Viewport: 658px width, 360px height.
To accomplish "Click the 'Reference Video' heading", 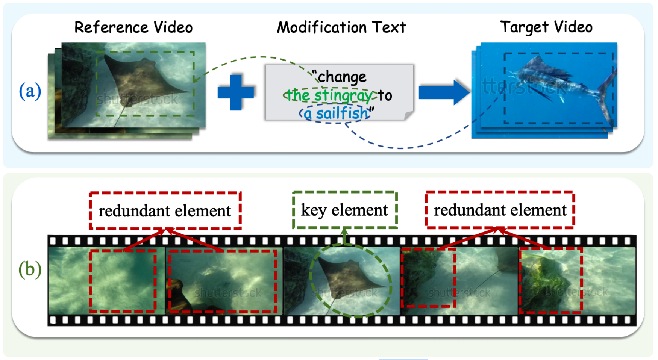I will tap(133, 27).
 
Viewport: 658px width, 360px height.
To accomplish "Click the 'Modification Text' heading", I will tap(341, 27).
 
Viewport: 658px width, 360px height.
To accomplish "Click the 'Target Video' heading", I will tap(546, 27).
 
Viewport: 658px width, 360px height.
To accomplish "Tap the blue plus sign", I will tap(236, 92).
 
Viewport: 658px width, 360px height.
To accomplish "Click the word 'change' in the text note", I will tap(342, 77).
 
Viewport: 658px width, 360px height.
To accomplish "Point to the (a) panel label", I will tap(30, 91).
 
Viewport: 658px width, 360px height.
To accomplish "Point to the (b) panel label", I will tap(30, 269).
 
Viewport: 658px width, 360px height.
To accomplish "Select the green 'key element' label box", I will tap(345, 210).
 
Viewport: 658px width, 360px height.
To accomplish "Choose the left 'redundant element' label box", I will tap(165, 211).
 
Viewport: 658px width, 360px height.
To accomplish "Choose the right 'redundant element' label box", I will tap(500, 210).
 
